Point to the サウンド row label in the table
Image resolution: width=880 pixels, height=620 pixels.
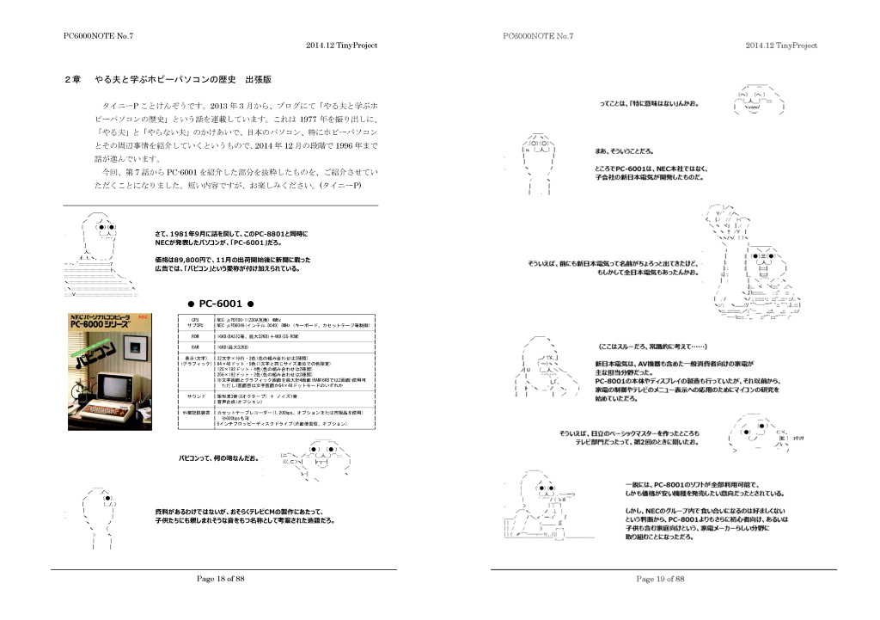click(195, 396)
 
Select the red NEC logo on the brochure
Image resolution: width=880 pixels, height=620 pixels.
click(142, 317)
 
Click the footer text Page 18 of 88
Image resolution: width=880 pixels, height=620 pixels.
click(222, 580)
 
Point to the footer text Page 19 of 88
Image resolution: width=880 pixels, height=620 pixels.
click(660, 580)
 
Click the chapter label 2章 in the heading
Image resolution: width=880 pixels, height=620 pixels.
click(73, 79)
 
